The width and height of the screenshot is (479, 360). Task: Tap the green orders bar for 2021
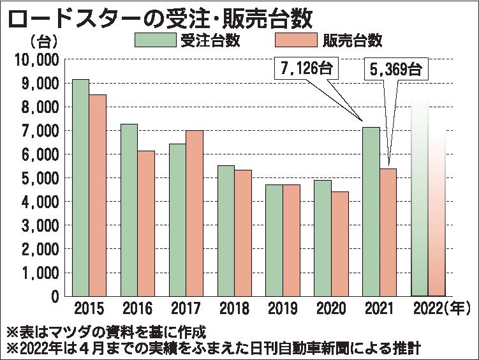point(371,211)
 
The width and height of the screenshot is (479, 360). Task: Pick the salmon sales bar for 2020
point(339,243)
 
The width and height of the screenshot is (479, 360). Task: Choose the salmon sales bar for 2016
point(146,223)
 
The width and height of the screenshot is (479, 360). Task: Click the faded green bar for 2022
point(419,198)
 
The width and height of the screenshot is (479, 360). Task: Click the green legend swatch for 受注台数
point(156,40)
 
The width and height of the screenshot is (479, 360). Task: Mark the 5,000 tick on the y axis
point(40,178)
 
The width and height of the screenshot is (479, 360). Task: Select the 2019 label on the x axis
point(281,311)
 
